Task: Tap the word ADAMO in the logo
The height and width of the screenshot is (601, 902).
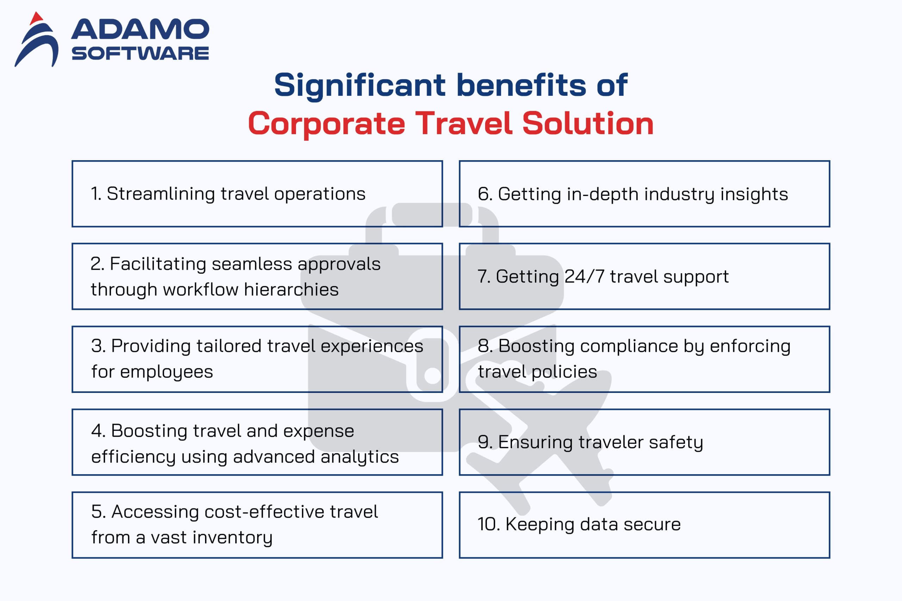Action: click(x=140, y=30)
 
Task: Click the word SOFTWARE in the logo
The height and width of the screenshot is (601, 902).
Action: click(x=140, y=53)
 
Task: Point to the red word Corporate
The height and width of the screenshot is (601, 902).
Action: click(x=326, y=124)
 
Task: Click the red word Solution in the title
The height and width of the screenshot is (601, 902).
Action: click(x=588, y=124)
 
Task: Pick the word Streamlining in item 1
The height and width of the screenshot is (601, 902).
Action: click(x=161, y=194)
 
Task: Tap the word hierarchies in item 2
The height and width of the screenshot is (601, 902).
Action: click(x=291, y=289)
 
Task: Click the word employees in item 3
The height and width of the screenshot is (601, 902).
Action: click(x=166, y=372)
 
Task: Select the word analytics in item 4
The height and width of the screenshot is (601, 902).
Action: click(x=360, y=457)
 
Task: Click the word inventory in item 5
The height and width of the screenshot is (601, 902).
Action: click(x=233, y=538)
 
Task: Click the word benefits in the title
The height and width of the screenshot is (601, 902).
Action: click(x=521, y=85)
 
